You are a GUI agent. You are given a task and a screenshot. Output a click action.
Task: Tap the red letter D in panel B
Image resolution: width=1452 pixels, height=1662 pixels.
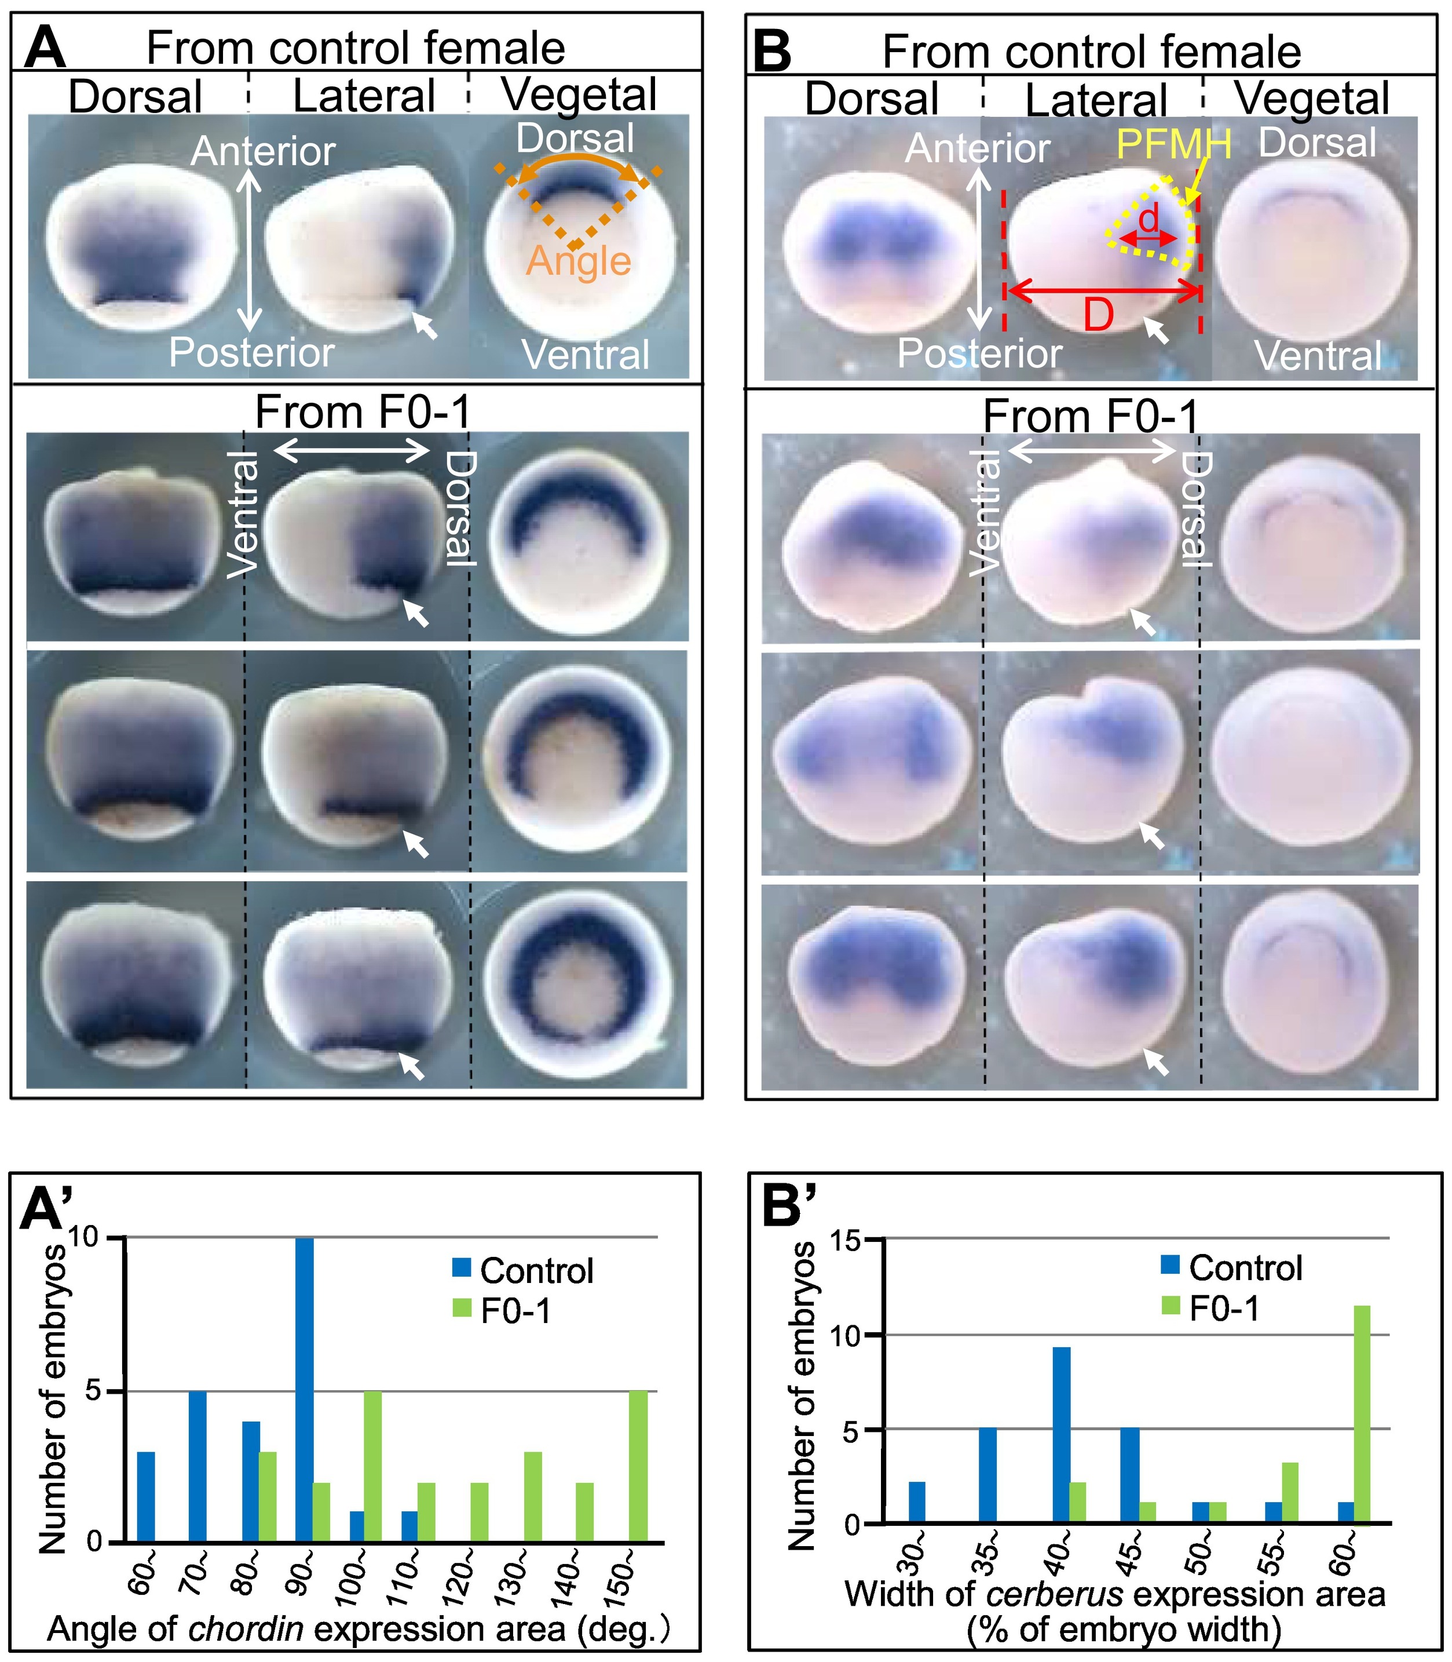pos(1098,315)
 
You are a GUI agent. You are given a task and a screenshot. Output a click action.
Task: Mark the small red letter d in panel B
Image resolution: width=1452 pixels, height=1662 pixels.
pos(1148,220)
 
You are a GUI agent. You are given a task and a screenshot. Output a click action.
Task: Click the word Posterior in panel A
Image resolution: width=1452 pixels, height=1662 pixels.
pos(251,353)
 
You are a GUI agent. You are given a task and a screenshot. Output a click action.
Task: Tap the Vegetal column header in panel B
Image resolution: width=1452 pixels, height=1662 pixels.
pos(1312,98)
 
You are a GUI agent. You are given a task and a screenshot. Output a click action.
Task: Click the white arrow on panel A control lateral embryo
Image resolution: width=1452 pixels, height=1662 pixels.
pos(424,325)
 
